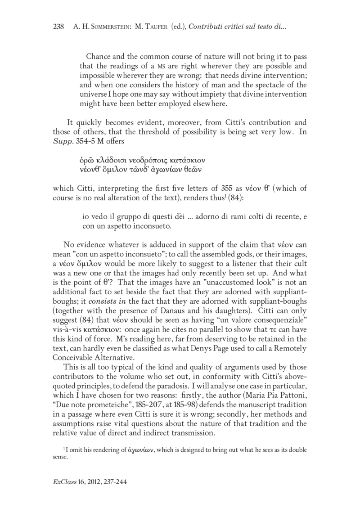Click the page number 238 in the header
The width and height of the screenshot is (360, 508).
point(59,27)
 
